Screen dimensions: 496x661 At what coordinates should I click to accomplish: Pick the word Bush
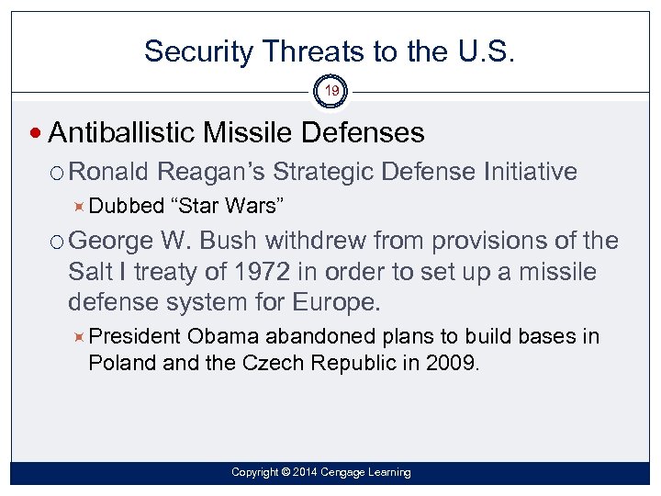click(x=230, y=242)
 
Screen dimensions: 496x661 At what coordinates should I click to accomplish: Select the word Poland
click(x=121, y=362)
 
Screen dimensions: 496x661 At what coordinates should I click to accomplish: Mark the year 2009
click(x=452, y=362)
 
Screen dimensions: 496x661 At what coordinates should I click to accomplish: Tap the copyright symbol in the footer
click(x=286, y=472)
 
